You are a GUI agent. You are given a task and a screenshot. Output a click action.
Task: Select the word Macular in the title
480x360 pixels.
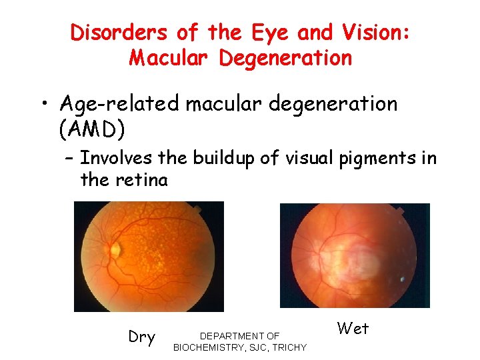(x=170, y=58)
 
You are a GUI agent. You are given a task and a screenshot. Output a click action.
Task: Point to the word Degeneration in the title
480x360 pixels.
(x=285, y=58)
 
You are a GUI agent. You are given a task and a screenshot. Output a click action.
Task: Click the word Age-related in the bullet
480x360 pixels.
(x=119, y=105)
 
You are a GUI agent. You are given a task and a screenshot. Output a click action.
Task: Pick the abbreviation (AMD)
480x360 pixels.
(x=91, y=130)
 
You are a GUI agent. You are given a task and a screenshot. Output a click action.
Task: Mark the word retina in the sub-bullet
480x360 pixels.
(x=145, y=179)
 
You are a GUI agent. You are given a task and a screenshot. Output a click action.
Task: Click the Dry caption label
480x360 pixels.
(x=141, y=337)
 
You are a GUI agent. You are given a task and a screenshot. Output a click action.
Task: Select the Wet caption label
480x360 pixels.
(x=353, y=328)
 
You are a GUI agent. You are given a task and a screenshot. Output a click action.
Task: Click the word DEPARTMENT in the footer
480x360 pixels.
(x=231, y=336)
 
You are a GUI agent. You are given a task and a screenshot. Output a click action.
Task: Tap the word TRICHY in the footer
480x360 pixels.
(x=289, y=347)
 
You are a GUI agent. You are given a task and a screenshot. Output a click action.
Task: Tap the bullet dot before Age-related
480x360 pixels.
(x=43, y=105)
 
